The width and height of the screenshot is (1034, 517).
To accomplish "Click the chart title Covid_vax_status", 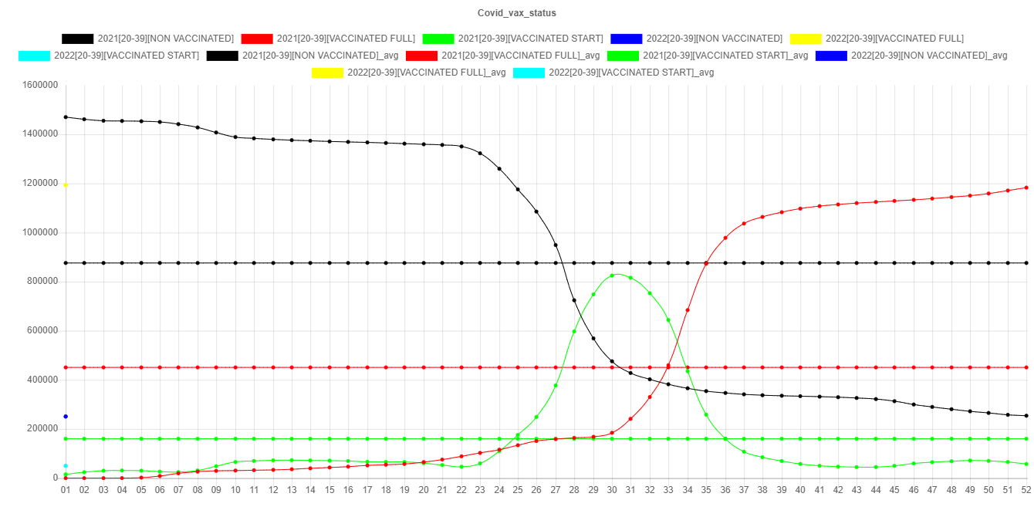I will pos(516,13).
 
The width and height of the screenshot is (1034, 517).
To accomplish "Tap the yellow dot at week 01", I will pos(66,185).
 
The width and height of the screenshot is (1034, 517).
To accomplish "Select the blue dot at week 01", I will pos(66,417).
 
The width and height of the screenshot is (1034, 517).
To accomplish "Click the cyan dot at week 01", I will pos(66,466).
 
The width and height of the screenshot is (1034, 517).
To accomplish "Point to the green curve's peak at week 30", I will pos(612,275).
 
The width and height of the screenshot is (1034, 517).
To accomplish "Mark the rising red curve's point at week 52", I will pos(1026,188).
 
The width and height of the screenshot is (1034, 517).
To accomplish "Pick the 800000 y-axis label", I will pos(44,282).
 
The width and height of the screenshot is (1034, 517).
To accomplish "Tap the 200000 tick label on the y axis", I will pos(44,429).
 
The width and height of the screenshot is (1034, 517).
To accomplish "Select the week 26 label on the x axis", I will pos(536,490).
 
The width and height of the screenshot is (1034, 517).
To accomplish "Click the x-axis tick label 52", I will pos(1026,490).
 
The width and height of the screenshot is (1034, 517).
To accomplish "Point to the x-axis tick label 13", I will pos(292,490).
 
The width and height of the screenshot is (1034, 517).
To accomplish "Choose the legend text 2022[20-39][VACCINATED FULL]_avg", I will pos(427,73).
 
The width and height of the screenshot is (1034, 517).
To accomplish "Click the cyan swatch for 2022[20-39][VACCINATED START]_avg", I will pos(529,73).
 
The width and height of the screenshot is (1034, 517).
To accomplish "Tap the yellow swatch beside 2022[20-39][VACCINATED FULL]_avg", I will pos(327,73).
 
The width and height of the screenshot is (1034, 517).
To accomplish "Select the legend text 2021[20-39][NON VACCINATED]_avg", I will pos(320,56).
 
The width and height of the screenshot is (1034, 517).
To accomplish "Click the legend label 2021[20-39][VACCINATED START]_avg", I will pos(725,56).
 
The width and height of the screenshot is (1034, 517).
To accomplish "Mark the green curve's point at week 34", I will pos(688,371).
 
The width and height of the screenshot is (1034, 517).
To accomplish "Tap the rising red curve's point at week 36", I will pos(725,238).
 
